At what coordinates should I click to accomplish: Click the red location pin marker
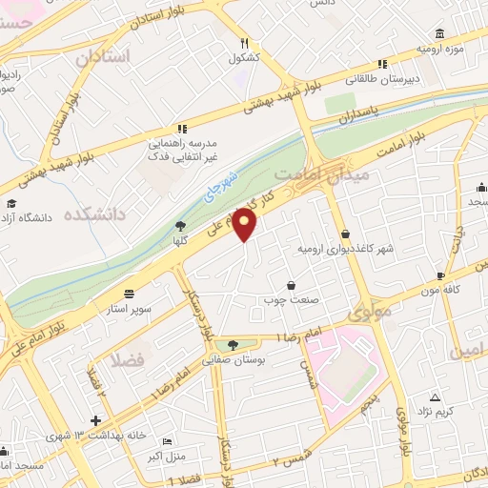pos(246,225)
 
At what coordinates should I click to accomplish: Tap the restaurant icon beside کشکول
pos(244,42)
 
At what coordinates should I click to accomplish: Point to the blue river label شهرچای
pos(223,188)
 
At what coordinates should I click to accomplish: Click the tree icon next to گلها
pos(180,226)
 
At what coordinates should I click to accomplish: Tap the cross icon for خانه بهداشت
pos(95,420)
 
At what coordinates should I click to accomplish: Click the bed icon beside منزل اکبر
pos(168,443)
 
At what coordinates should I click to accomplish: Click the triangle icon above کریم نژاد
pos(435,396)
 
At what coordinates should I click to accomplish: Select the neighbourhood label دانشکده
pos(95,214)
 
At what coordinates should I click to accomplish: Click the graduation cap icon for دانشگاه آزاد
pos(10,203)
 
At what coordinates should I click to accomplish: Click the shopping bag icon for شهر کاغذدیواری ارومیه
pos(344,234)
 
